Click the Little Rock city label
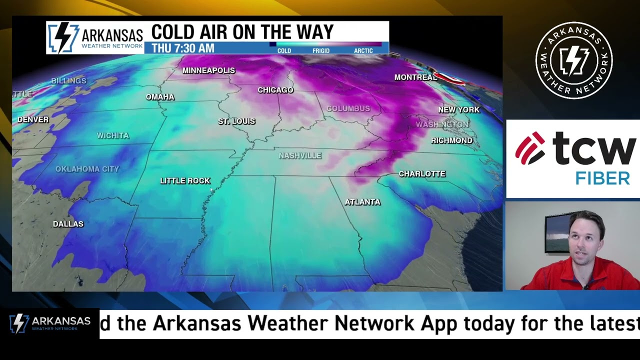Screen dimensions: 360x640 [x=185, y=180]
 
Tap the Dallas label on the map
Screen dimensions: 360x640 [x=68, y=224]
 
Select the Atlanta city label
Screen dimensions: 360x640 [x=362, y=202]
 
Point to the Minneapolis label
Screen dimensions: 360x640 [x=208, y=70]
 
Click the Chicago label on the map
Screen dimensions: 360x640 [x=275, y=90]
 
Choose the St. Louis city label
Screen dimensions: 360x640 [x=236, y=121]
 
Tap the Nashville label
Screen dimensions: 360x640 [x=300, y=155]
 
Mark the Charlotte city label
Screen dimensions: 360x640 [x=422, y=174]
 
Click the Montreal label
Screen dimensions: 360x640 [x=415, y=77]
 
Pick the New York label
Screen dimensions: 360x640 [x=458, y=109]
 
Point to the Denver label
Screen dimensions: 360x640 [x=33, y=119]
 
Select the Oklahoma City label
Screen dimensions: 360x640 [x=87, y=169]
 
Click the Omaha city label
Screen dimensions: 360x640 [x=160, y=97]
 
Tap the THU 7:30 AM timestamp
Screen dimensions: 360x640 [x=183, y=48]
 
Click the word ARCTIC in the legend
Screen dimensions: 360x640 [x=363, y=50]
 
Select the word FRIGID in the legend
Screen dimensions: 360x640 [x=321, y=50]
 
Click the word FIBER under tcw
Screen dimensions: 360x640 [x=602, y=178]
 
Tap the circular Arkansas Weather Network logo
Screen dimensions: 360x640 [x=574, y=60]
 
